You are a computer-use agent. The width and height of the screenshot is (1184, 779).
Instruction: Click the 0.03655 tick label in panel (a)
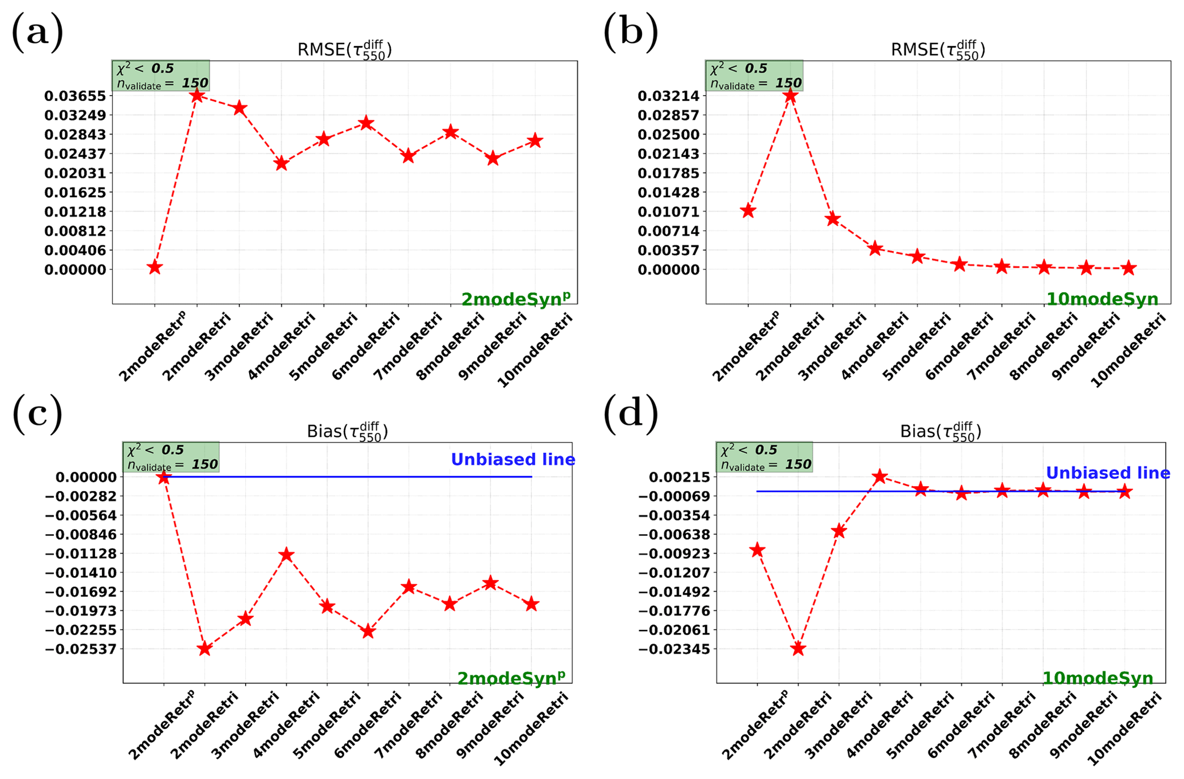click(x=75, y=96)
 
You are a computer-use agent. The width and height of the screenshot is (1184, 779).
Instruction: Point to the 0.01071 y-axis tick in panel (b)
click(x=668, y=212)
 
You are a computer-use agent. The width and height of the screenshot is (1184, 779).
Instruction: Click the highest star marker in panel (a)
click(x=197, y=95)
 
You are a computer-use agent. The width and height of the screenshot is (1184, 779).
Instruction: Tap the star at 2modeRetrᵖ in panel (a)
click(x=154, y=267)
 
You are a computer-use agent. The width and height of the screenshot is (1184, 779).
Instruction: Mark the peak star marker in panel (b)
click(x=790, y=95)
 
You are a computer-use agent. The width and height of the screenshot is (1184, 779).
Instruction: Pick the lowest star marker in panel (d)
click(x=798, y=648)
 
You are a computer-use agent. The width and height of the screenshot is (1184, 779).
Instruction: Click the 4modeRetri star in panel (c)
click(x=286, y=555)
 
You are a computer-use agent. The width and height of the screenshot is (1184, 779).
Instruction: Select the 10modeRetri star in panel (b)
click(x=1128, y=268)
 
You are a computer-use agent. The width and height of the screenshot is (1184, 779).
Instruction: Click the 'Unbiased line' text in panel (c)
click(x=513, y=460)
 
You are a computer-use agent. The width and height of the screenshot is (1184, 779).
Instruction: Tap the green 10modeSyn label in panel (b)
click(x=1102, y=299)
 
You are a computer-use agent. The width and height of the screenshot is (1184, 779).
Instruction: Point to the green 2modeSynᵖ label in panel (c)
click(x=511, y=678)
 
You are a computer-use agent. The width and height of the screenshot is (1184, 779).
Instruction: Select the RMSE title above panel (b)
click(x=938, y=50)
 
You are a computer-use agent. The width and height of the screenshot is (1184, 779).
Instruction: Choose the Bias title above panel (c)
click(x=347, y=431)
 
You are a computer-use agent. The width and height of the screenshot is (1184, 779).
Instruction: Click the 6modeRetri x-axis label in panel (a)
click(x=365, y=346)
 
